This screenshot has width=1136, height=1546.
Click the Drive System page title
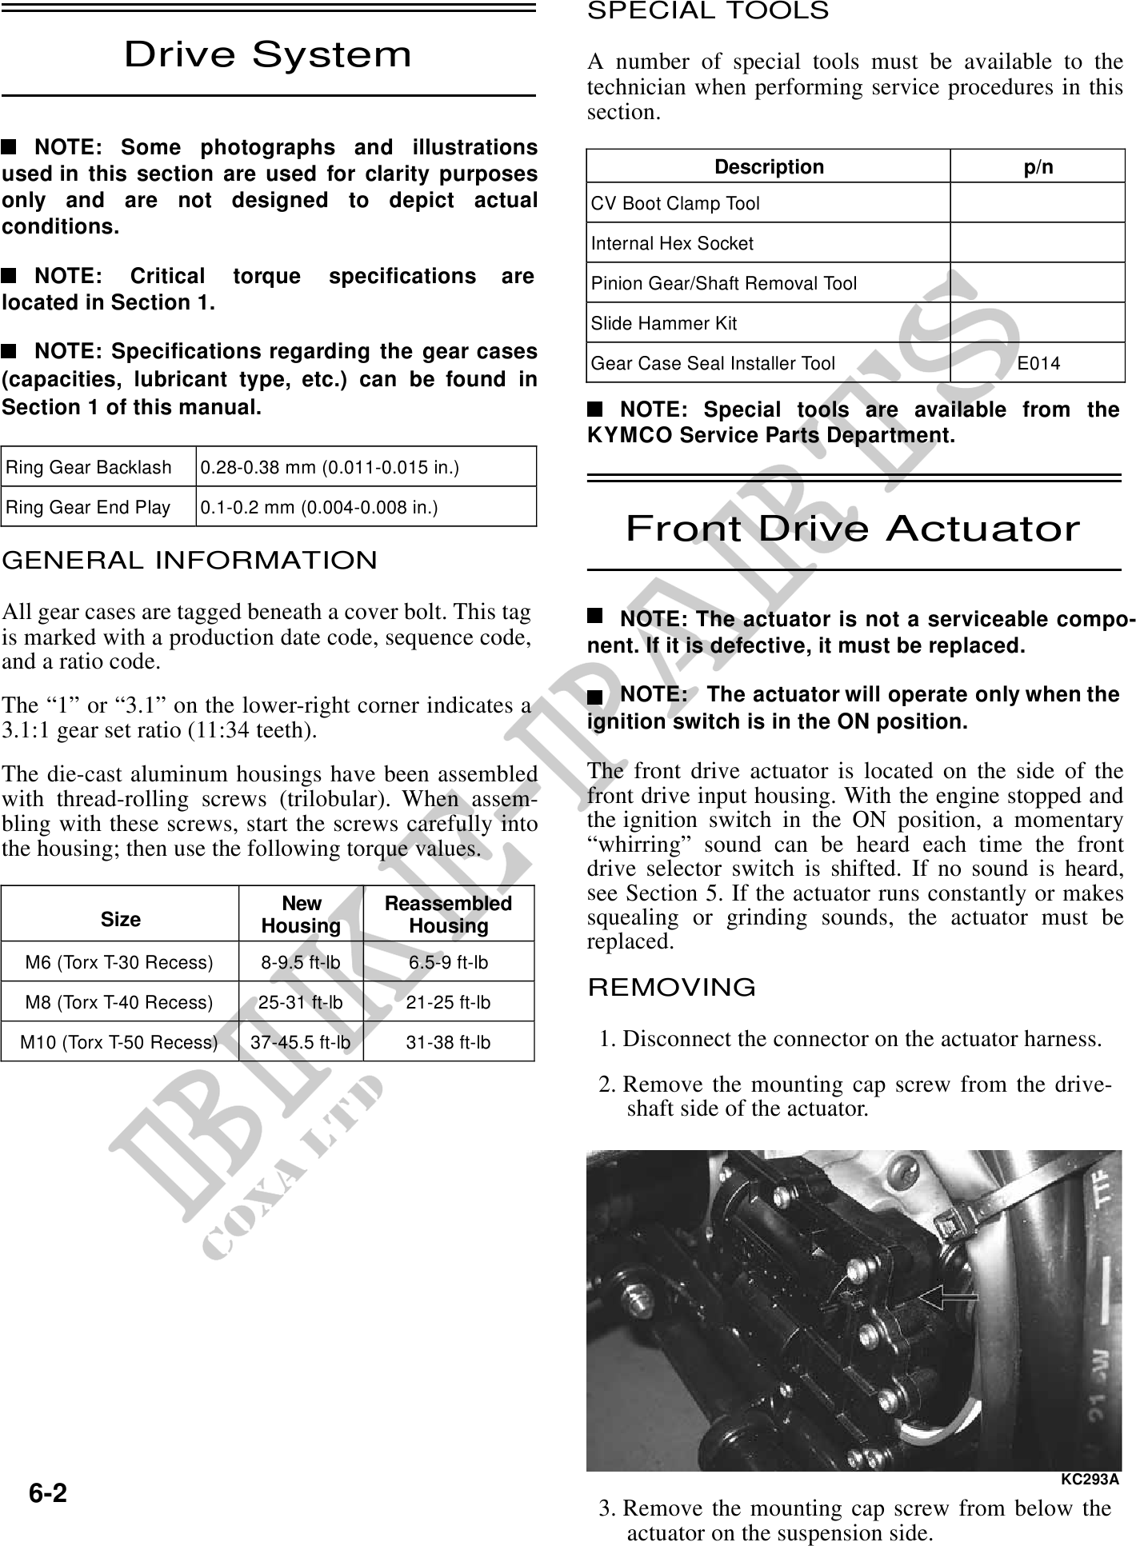(268, 54)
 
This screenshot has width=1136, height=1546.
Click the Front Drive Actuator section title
(853, 529)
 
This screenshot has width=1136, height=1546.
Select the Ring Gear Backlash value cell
(330, 467)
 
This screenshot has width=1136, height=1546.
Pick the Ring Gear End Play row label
(88, 507)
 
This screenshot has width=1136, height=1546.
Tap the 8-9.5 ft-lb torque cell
(301, 962)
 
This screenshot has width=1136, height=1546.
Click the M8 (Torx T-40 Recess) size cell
(119, 1002)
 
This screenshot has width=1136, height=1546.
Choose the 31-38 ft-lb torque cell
(448, 1042)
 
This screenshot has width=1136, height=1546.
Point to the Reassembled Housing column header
(448, 914)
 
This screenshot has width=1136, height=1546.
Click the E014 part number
(1038, 364)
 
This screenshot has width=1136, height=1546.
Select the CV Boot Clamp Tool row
(675, 204)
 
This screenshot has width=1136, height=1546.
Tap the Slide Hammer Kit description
(664, 324)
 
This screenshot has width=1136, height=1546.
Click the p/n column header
(1038, 167)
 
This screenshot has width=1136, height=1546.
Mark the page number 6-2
(48, 1492)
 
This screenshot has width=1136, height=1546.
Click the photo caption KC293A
(1090, 1479)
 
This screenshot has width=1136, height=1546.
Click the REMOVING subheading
(672, 988)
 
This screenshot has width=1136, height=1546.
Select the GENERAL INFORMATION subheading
(190, 560)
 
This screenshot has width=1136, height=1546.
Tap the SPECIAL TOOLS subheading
(708, 11)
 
